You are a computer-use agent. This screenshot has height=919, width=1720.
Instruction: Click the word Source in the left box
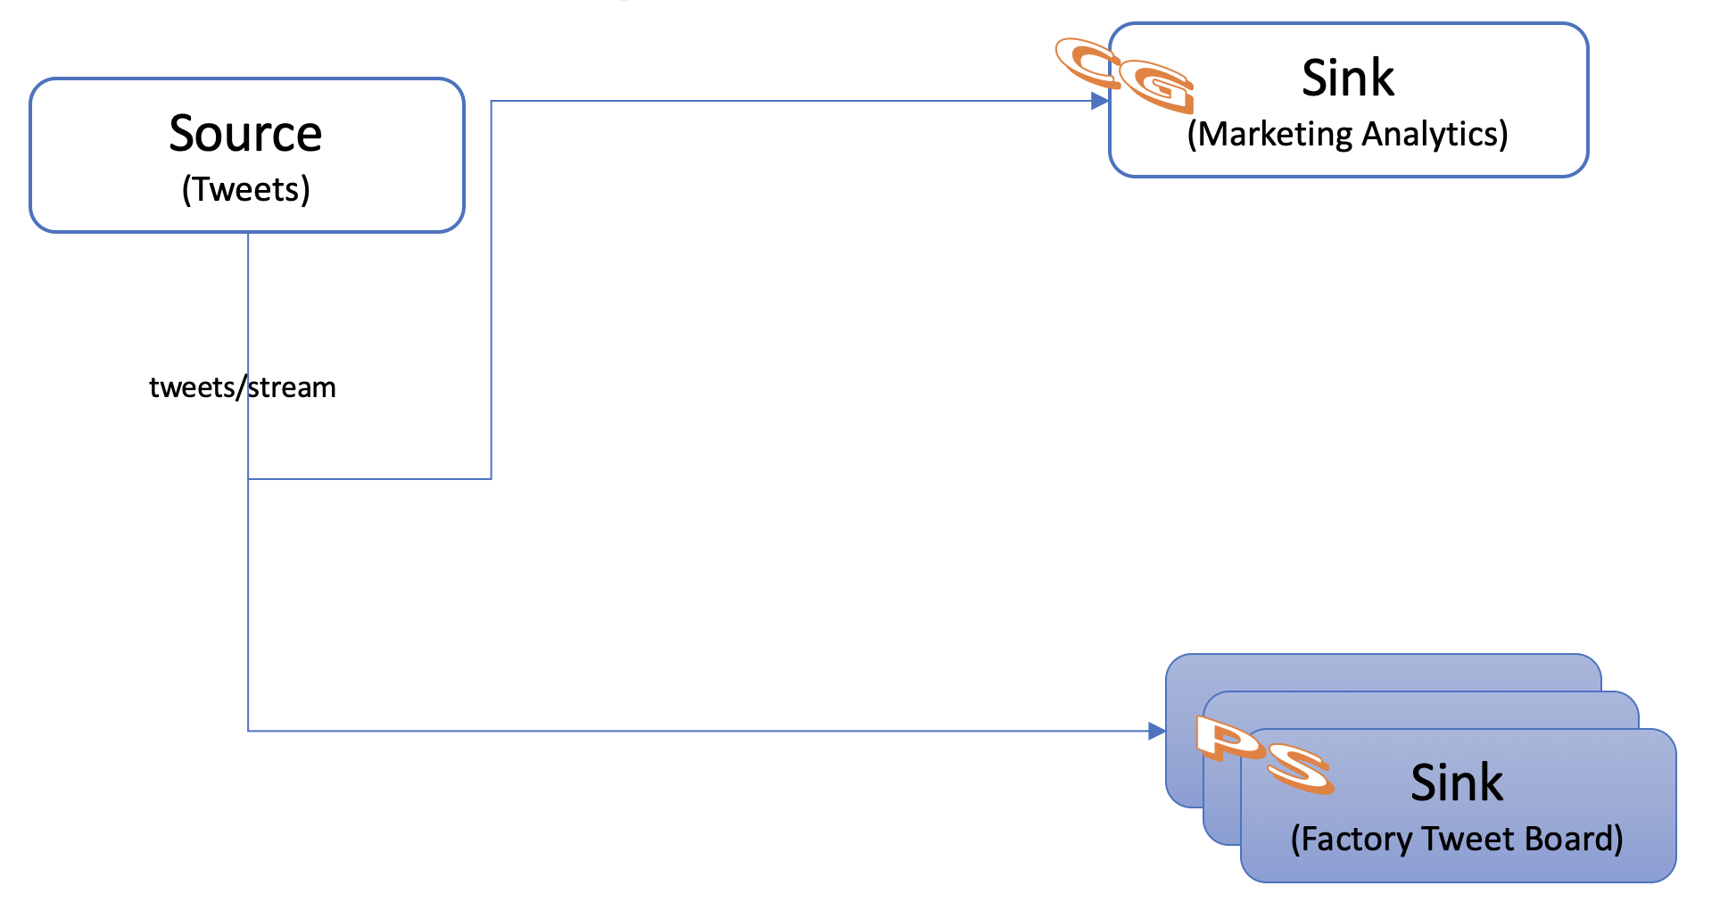coord(245,134)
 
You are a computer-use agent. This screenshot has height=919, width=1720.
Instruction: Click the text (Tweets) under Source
coord(245,189)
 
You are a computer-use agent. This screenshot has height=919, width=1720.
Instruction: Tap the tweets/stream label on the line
coord(242,387)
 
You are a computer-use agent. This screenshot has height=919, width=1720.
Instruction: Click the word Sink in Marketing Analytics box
coord(1347,79)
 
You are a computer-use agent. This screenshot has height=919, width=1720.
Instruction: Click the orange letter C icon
coord(1087,62)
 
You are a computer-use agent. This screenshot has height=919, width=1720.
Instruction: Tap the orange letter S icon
coord(1301,767)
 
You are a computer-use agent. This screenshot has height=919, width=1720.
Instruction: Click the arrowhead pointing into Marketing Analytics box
coord(1100,102)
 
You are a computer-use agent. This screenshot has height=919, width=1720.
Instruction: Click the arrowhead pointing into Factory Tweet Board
coord(1156,732)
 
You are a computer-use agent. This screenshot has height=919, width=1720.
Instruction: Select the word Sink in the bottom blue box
coord(1456,783)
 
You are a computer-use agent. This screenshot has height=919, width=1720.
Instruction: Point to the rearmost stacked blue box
coord(1383,671)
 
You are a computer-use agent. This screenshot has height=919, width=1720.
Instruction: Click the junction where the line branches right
coord(248,479)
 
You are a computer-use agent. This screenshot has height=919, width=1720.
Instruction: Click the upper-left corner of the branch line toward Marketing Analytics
coord(492,102)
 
